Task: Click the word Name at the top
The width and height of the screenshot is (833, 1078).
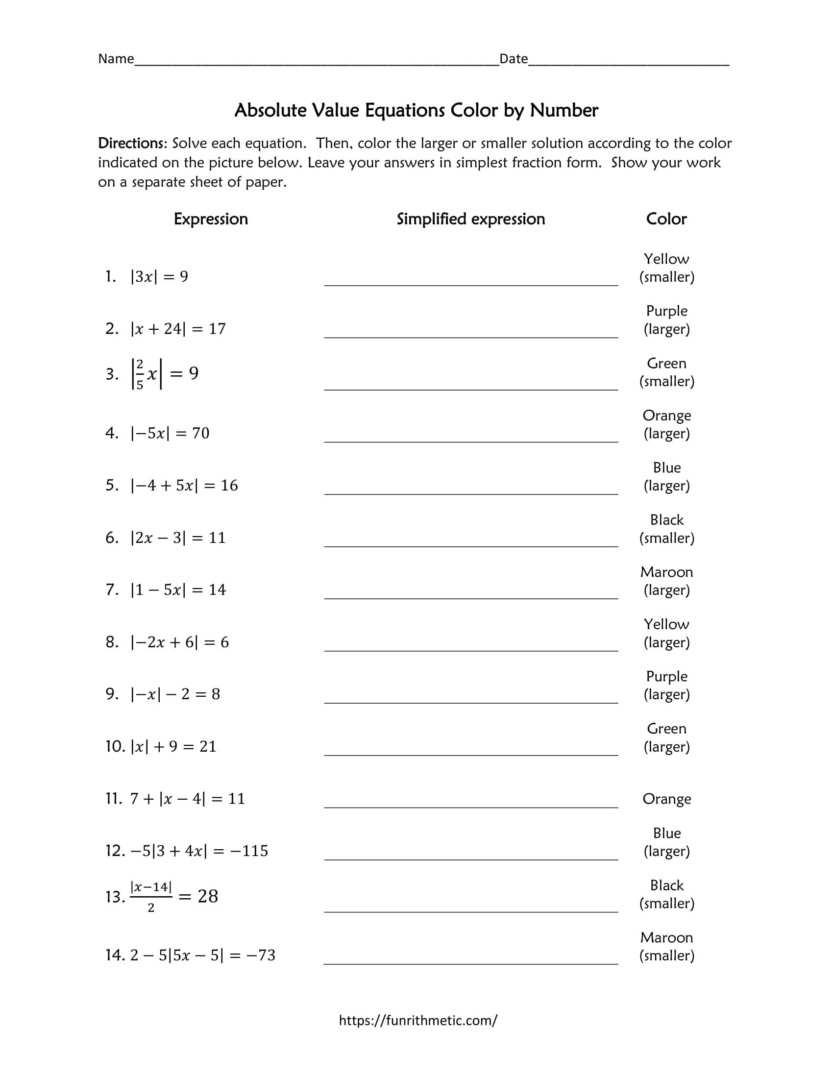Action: pos(116,59)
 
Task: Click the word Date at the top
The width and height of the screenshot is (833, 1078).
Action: pos(513,59)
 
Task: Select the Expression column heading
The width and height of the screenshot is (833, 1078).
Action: pos(211,219)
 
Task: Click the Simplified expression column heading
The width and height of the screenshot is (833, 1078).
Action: pos(471,219)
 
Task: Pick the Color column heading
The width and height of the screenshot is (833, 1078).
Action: pos(666,219)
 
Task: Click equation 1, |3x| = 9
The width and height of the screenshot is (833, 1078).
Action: pos(159,276)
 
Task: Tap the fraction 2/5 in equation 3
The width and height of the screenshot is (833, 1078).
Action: pos(140,374)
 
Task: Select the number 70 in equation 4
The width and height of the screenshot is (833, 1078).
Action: pos(201,433)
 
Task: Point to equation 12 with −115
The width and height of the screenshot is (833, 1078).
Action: pos(199,851)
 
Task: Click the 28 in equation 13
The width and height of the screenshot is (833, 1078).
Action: pos(208,896)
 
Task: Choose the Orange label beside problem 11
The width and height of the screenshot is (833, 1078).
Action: pos(666,799)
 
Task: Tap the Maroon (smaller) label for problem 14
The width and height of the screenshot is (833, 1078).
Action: pos(666,946)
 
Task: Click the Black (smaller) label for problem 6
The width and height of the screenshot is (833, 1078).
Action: pos(666,529)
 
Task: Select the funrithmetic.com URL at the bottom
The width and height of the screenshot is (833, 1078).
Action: pos(418,1020)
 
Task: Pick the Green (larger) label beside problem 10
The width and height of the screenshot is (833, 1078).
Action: pos(666,737)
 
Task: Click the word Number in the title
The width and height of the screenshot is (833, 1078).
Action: pos(563,110)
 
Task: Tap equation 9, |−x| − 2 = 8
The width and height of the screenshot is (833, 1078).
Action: pos(175,694)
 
